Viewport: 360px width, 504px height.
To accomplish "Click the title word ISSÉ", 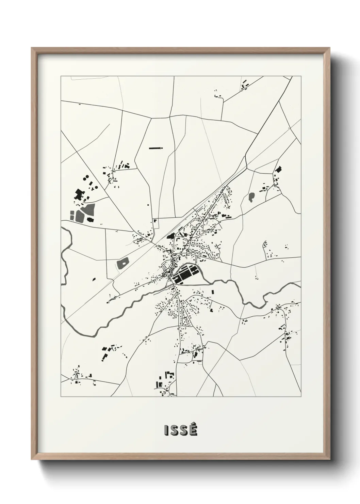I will click(180, 430).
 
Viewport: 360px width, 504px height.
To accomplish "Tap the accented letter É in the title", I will click(193, 430).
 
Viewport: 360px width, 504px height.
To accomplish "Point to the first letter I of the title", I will click(166, 431).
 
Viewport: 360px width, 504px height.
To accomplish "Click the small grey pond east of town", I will click(251, 197).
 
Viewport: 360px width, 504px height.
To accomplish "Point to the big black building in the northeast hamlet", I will click(279, 169).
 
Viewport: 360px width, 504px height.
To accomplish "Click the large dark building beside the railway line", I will click(170, 235).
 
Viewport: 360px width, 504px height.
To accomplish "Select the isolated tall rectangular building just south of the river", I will click(213, 292).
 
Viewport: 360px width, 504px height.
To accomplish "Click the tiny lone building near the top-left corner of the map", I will click(80, 104).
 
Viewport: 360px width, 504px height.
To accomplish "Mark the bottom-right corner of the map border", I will click(301, 397).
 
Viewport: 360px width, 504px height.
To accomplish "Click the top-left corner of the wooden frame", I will click(32, 48).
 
